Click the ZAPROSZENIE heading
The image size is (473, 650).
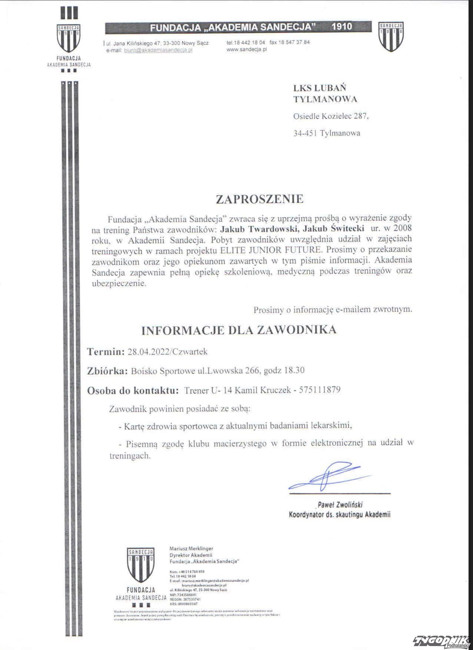click(260, 199)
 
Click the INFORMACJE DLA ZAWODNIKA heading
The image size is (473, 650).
click(239, 330)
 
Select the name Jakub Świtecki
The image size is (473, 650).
click(334, 228)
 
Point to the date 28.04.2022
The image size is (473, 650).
click(148, 352)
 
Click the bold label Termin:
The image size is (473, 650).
click(106, 352)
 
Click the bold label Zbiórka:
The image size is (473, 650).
click(107, 371)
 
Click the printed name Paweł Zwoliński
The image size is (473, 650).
click(340, 505)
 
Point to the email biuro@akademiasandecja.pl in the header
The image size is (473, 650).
click(158, 50)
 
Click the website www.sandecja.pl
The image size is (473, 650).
click(247, 50)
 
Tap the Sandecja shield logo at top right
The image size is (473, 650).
click(391, 37)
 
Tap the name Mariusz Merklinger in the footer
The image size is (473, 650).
click(191, 549)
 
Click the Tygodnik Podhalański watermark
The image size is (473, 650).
click(441, 641)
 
